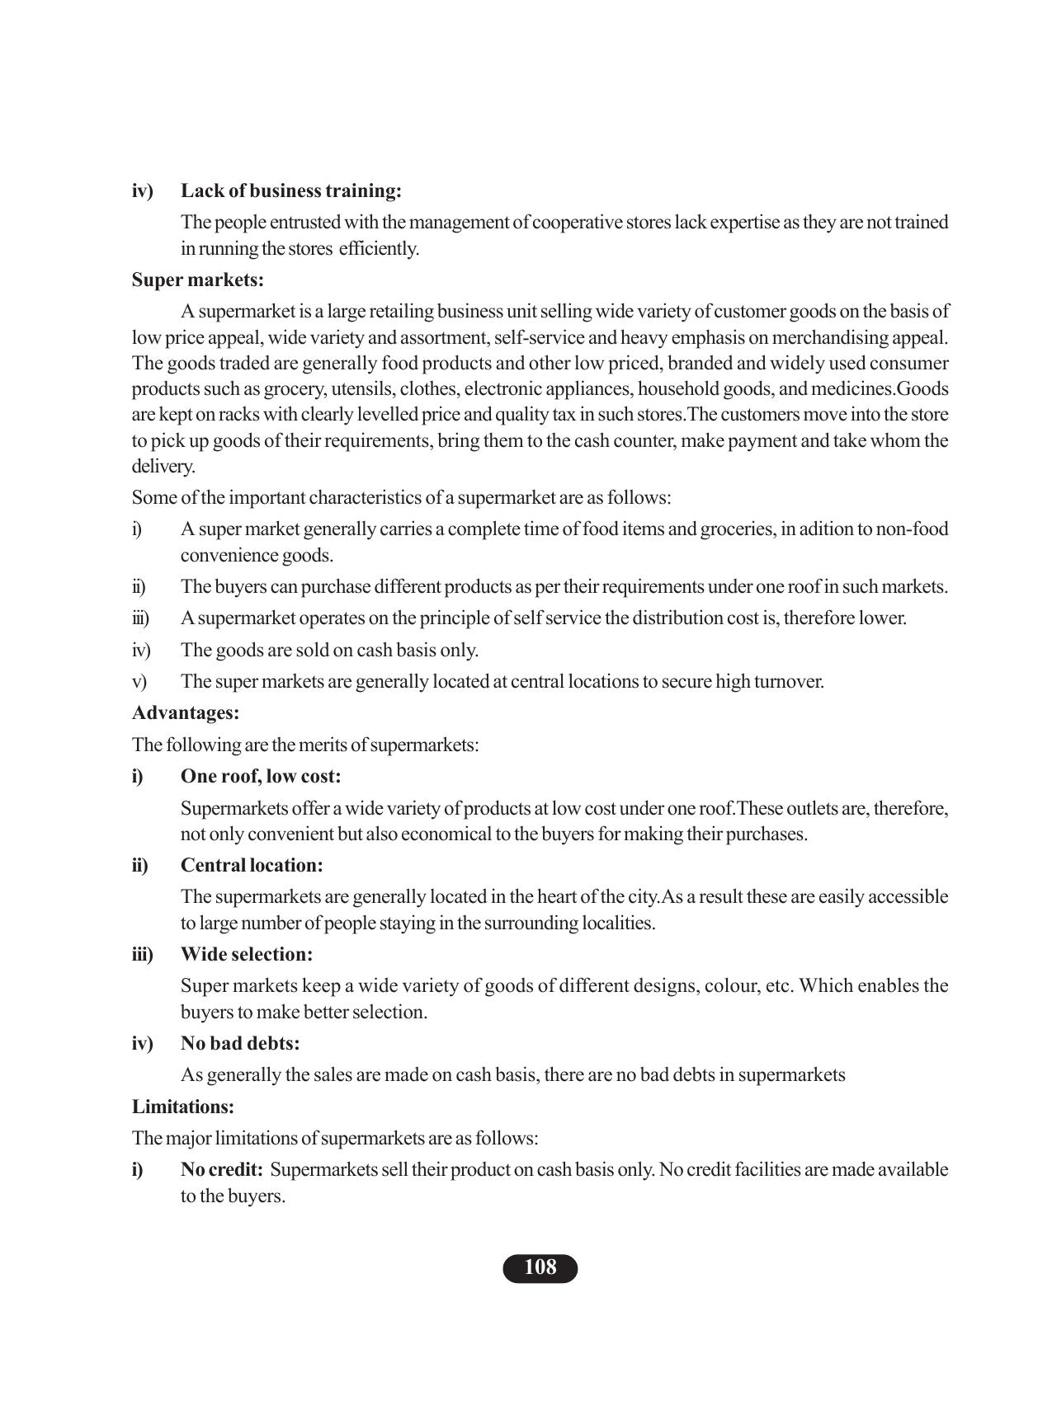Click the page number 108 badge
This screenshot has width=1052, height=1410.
(540, 1267)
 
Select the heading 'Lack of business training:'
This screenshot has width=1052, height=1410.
(290, 190)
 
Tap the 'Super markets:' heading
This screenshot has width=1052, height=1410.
(198, 280)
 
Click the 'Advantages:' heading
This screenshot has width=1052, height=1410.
(186, 712)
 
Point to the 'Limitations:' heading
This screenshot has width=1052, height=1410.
(183, 1107)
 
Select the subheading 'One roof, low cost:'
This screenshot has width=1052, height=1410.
(260, 776)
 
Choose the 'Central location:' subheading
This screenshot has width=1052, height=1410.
(252, 865)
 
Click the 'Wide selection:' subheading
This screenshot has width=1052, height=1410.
(247, 954)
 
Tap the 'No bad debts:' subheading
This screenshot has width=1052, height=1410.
(240, 1043)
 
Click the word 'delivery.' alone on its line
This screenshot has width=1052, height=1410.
(163, 467)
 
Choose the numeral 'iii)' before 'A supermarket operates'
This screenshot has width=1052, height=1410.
(140, 618)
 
